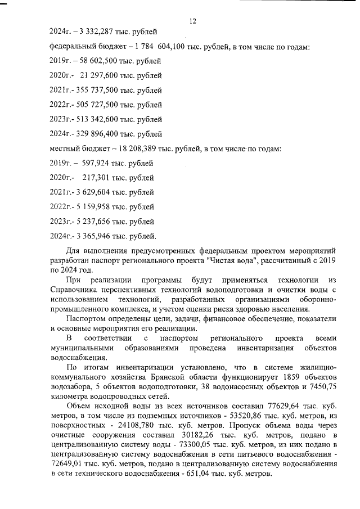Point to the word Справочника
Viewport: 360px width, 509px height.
click(73, 290)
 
